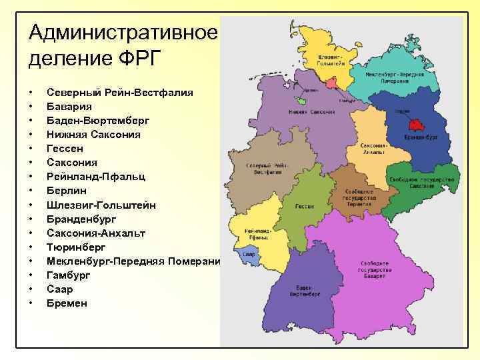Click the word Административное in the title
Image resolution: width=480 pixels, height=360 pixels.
point(123,31)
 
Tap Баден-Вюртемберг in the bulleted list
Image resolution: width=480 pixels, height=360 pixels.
point(98,120)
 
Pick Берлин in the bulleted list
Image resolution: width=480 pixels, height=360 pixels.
point(67,191)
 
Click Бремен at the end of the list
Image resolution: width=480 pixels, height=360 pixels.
point(67,303)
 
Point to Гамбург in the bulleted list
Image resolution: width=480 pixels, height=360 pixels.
point(69,275)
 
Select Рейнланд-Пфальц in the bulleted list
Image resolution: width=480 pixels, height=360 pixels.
point(91,177)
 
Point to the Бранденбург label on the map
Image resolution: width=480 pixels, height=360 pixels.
point(421,137)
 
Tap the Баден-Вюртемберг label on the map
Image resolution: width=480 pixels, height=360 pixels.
point(303,291)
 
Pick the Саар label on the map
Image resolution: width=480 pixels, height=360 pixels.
point(248,255)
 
